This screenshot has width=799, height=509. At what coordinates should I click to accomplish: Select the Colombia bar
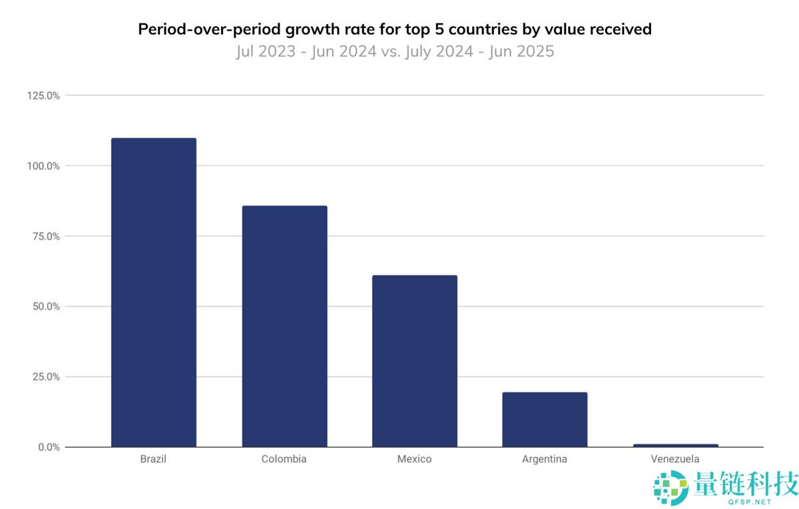pyautogui.click(x=284, y=326)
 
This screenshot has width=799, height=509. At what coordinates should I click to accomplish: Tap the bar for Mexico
pyautogui.click(x=414, y=360)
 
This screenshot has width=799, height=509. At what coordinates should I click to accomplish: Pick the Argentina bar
pyautogui.click(x=545, y=419)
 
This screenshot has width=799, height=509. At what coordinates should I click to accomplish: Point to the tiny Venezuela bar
pyautogui.click(x=675, y=445)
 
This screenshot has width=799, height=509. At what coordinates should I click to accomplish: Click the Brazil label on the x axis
pyautogui.click(x=153, y=459)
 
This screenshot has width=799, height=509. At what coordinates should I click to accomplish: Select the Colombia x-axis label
pyautogui.click(x=284, y=459)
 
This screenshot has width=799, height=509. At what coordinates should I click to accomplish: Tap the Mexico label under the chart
pyautogui.click(x=414, y=459)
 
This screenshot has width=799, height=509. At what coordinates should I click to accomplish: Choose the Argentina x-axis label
pyautogui.click(x=545, y=459)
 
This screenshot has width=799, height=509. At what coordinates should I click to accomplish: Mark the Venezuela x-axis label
pyautogui.click(x=675, y=459)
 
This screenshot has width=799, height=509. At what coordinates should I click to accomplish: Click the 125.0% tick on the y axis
pyautogui.click(x=44, y=96)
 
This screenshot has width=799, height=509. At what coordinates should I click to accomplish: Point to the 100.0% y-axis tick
pyautogui.click(x=44, y=166)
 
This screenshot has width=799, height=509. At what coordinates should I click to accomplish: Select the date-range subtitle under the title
pyautogui.click(x=395, y=51)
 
